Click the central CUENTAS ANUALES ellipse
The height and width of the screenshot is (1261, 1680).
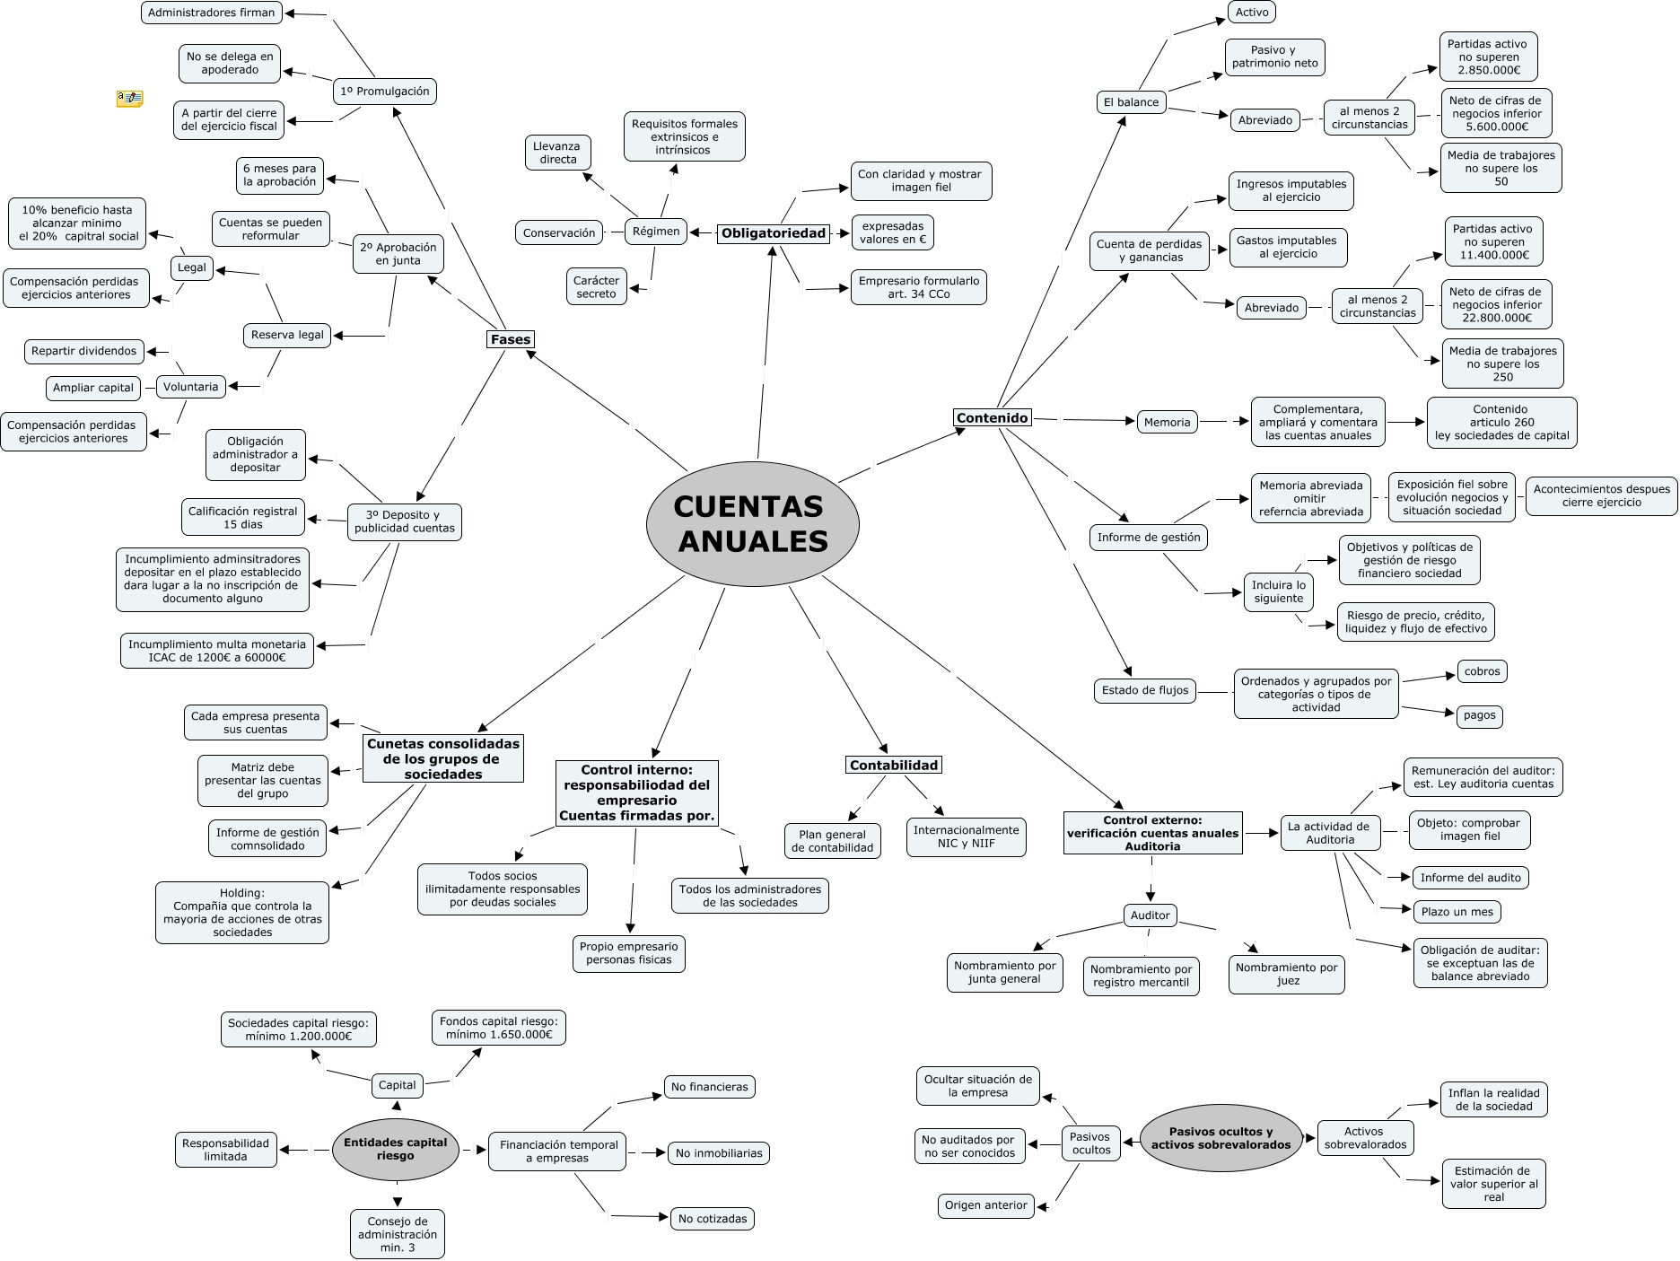tap(752, 524)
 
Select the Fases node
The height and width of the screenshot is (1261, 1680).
tap(511, 339)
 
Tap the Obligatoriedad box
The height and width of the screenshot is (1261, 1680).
tap(773, 233)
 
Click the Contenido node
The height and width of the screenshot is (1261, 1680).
tap(992, 417)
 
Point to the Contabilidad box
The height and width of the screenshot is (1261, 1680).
tap(894, 766)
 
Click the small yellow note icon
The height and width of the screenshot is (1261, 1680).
tap(129, 98)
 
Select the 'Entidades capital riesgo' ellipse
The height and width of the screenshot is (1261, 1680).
tap(396, 1149)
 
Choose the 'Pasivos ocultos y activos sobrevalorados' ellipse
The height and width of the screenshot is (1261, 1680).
tap(1221, 1138)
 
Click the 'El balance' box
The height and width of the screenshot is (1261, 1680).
tap(1131, 102)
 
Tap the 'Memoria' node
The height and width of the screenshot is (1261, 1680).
tap(1167, 422)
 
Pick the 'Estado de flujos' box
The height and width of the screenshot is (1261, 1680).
tap(1144, 690)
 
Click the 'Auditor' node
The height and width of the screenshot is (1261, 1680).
tap(1150, 915)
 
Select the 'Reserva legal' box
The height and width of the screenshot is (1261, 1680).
tap(287, 335)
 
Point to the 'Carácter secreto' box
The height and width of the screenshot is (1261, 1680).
tap(596, 287)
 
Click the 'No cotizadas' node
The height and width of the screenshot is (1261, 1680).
tap(713, 1219)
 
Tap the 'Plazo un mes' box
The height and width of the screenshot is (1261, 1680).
tap(1457, 912)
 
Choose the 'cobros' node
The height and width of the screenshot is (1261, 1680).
tap(1482, 671)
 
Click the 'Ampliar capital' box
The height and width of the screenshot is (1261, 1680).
tap(93, 388)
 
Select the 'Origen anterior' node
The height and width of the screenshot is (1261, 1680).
tap(985, 1205)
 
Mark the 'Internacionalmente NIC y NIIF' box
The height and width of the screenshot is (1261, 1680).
tap(966, 836)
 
